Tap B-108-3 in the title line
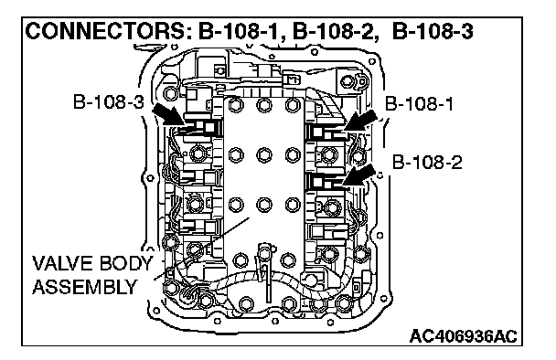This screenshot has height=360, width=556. pyautogui.click(x=433, y=32)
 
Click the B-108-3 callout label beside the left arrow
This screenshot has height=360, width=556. pyautogui.click(x=109, y=101)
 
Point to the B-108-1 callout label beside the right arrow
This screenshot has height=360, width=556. pyautogui.click(x=419, y=104)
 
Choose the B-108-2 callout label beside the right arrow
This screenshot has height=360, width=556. pyautogui.click(x=427, y=163)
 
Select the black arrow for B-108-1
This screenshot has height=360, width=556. pyautogui.click(x=360, y=121)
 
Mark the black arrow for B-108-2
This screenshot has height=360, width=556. pyautogui.click(x=359, y=175)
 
